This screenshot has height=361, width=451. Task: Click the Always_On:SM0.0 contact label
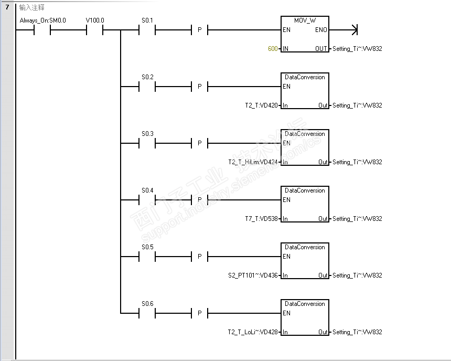click(x=42, y=20)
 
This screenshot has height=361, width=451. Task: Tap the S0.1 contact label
click(x=147, y=20)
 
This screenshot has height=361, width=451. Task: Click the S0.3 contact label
click(x=147, y=134)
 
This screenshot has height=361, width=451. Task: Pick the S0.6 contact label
click(x=147, y=304)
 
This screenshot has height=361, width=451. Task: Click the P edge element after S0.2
click(x=199, y=87)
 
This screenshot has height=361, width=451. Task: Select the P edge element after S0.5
click(x=199, y=257)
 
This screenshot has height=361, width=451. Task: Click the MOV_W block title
click(x=305, y=20)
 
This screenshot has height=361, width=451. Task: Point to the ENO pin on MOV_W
click(x=321, y=30)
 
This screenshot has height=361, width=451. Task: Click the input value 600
click(x=273, y=49)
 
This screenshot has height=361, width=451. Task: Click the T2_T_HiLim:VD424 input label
click(x=253, y=162)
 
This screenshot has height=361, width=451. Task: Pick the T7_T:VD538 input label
click(x=262, y=219)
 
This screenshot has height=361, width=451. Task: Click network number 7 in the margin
click(x=7, y=7)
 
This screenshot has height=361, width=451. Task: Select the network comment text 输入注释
click(x=31, y=8)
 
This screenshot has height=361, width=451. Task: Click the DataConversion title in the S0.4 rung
click(x=305, y=190)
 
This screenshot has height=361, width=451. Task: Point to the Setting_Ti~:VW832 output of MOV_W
click(x=357, y=49)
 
